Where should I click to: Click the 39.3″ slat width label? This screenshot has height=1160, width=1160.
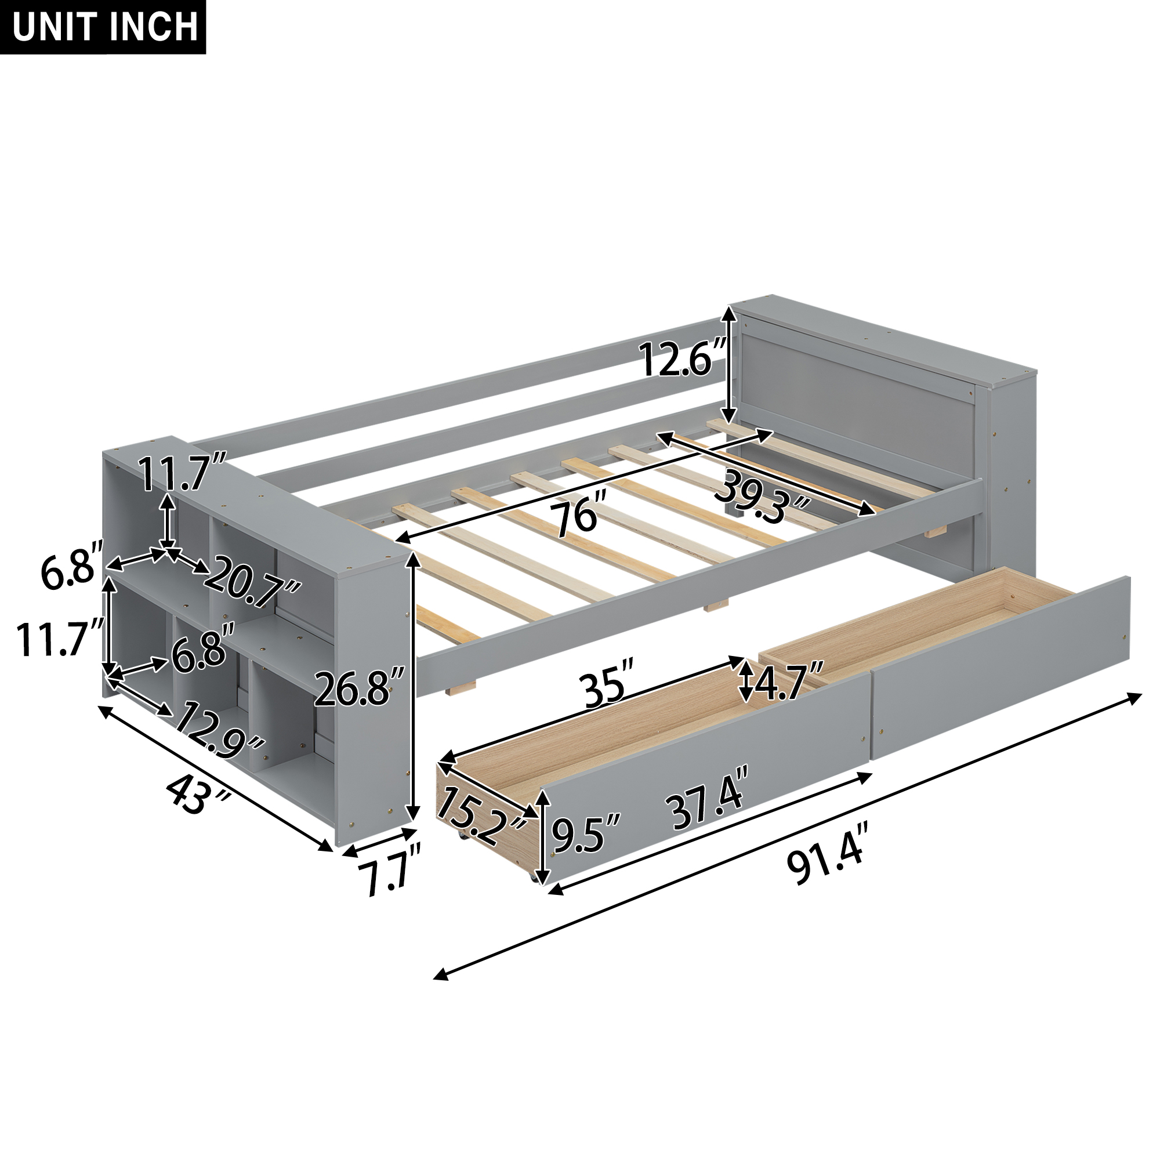[x=763, y=497]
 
